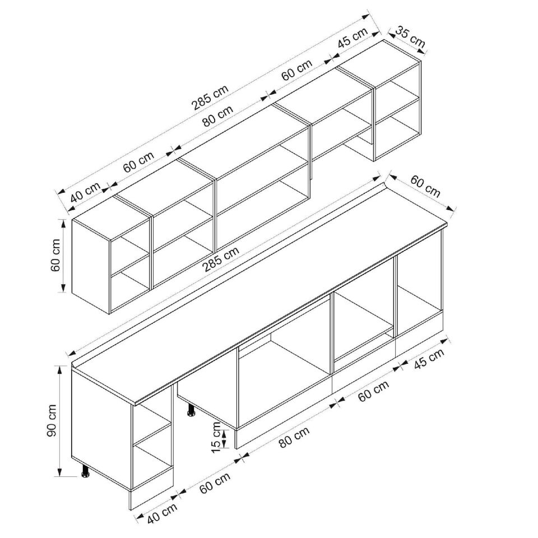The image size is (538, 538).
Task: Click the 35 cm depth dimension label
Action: (x=410, y=37)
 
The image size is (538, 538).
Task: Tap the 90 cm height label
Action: (x=52, y=421)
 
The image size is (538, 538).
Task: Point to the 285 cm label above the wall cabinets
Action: (x=210, y=98)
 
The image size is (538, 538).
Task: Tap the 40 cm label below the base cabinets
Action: (x=163, y=513)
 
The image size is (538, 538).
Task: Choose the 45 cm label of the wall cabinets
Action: (x=353, y=38)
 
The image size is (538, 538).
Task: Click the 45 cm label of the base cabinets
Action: (x=429, y=359)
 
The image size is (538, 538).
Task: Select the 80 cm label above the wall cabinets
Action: (x=217, y=116)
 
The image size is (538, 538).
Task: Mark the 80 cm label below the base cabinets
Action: (x=294, y=437)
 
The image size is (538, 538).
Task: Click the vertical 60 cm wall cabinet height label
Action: (x=55, y=256)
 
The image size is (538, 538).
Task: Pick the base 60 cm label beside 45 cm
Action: (x=374, y=391)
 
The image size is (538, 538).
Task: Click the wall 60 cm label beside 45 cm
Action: (x=297, y=69)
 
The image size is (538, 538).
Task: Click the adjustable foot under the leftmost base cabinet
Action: (x=85, y=471)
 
